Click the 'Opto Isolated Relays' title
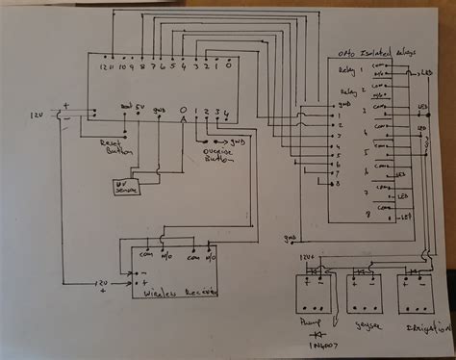pyautogui.click(x=370, y=57)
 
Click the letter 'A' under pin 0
pyautogui.click(x=183, y=121)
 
